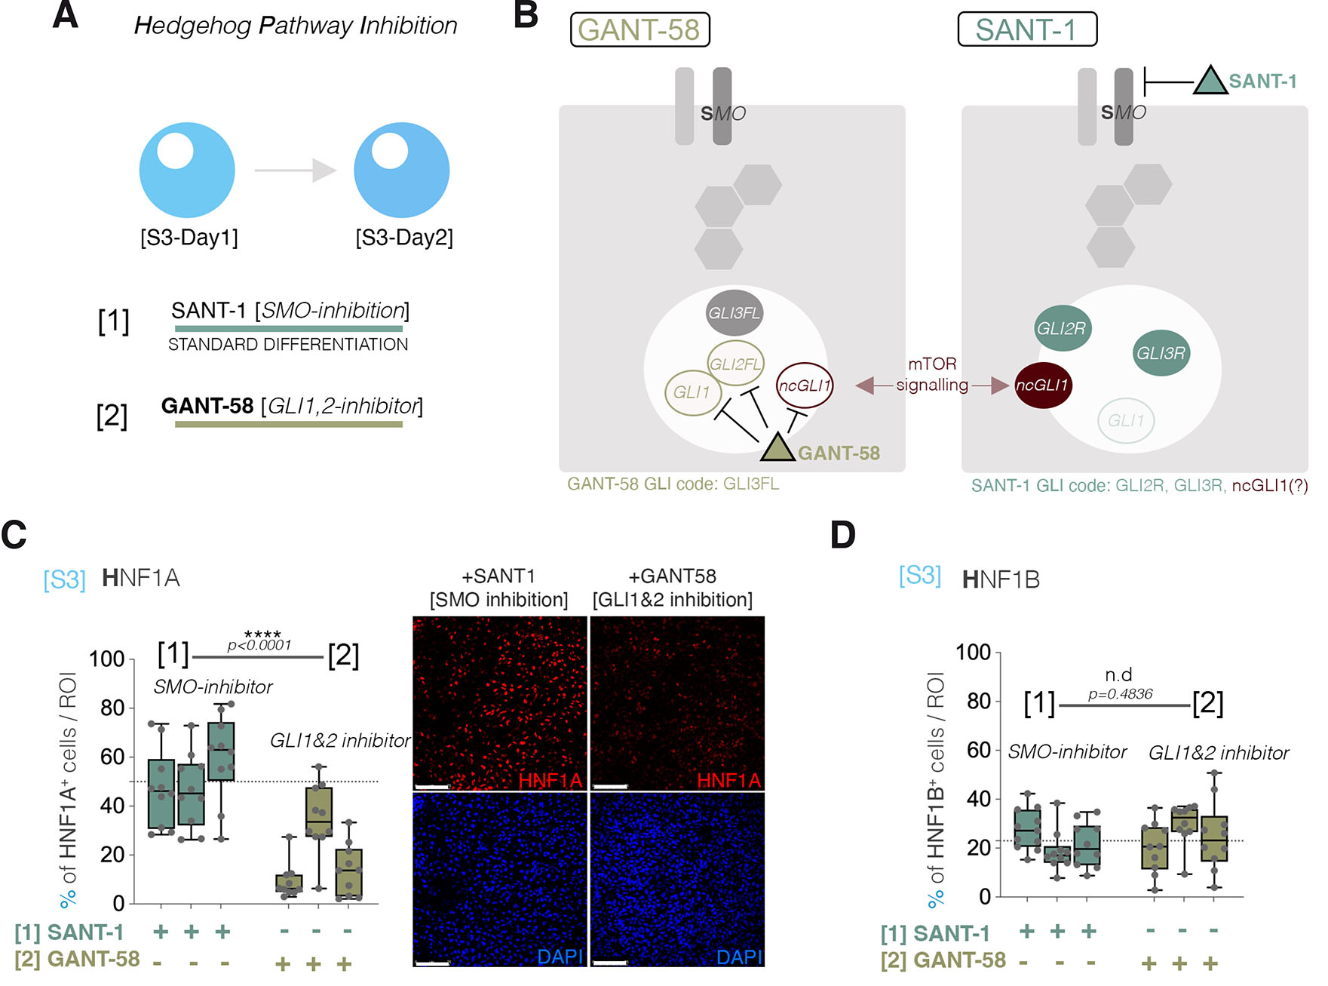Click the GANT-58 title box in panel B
639,30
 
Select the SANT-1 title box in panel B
1026,29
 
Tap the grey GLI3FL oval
735,313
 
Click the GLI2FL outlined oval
735,364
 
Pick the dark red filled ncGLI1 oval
1043,385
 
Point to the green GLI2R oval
1062,328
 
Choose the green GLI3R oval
1161,353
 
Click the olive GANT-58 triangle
777,448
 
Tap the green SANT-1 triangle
1210,82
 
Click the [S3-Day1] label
189,238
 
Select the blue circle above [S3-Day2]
402,170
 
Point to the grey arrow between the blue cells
295,170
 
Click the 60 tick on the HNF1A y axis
112,757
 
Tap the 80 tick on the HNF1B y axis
979,702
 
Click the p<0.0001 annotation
259,646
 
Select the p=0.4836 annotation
1120,694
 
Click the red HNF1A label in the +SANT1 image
550,780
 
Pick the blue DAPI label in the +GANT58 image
739,957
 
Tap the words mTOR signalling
932,374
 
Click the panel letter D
843,535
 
